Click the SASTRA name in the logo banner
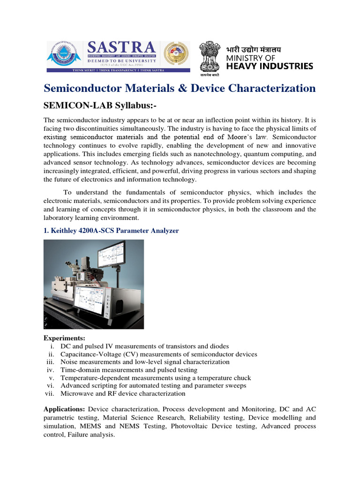click(121, 48)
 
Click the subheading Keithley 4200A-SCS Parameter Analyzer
click(111, 231)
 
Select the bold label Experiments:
click(65, 338)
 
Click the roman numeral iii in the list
click(51, 362)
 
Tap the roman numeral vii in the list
click(50, 393)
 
